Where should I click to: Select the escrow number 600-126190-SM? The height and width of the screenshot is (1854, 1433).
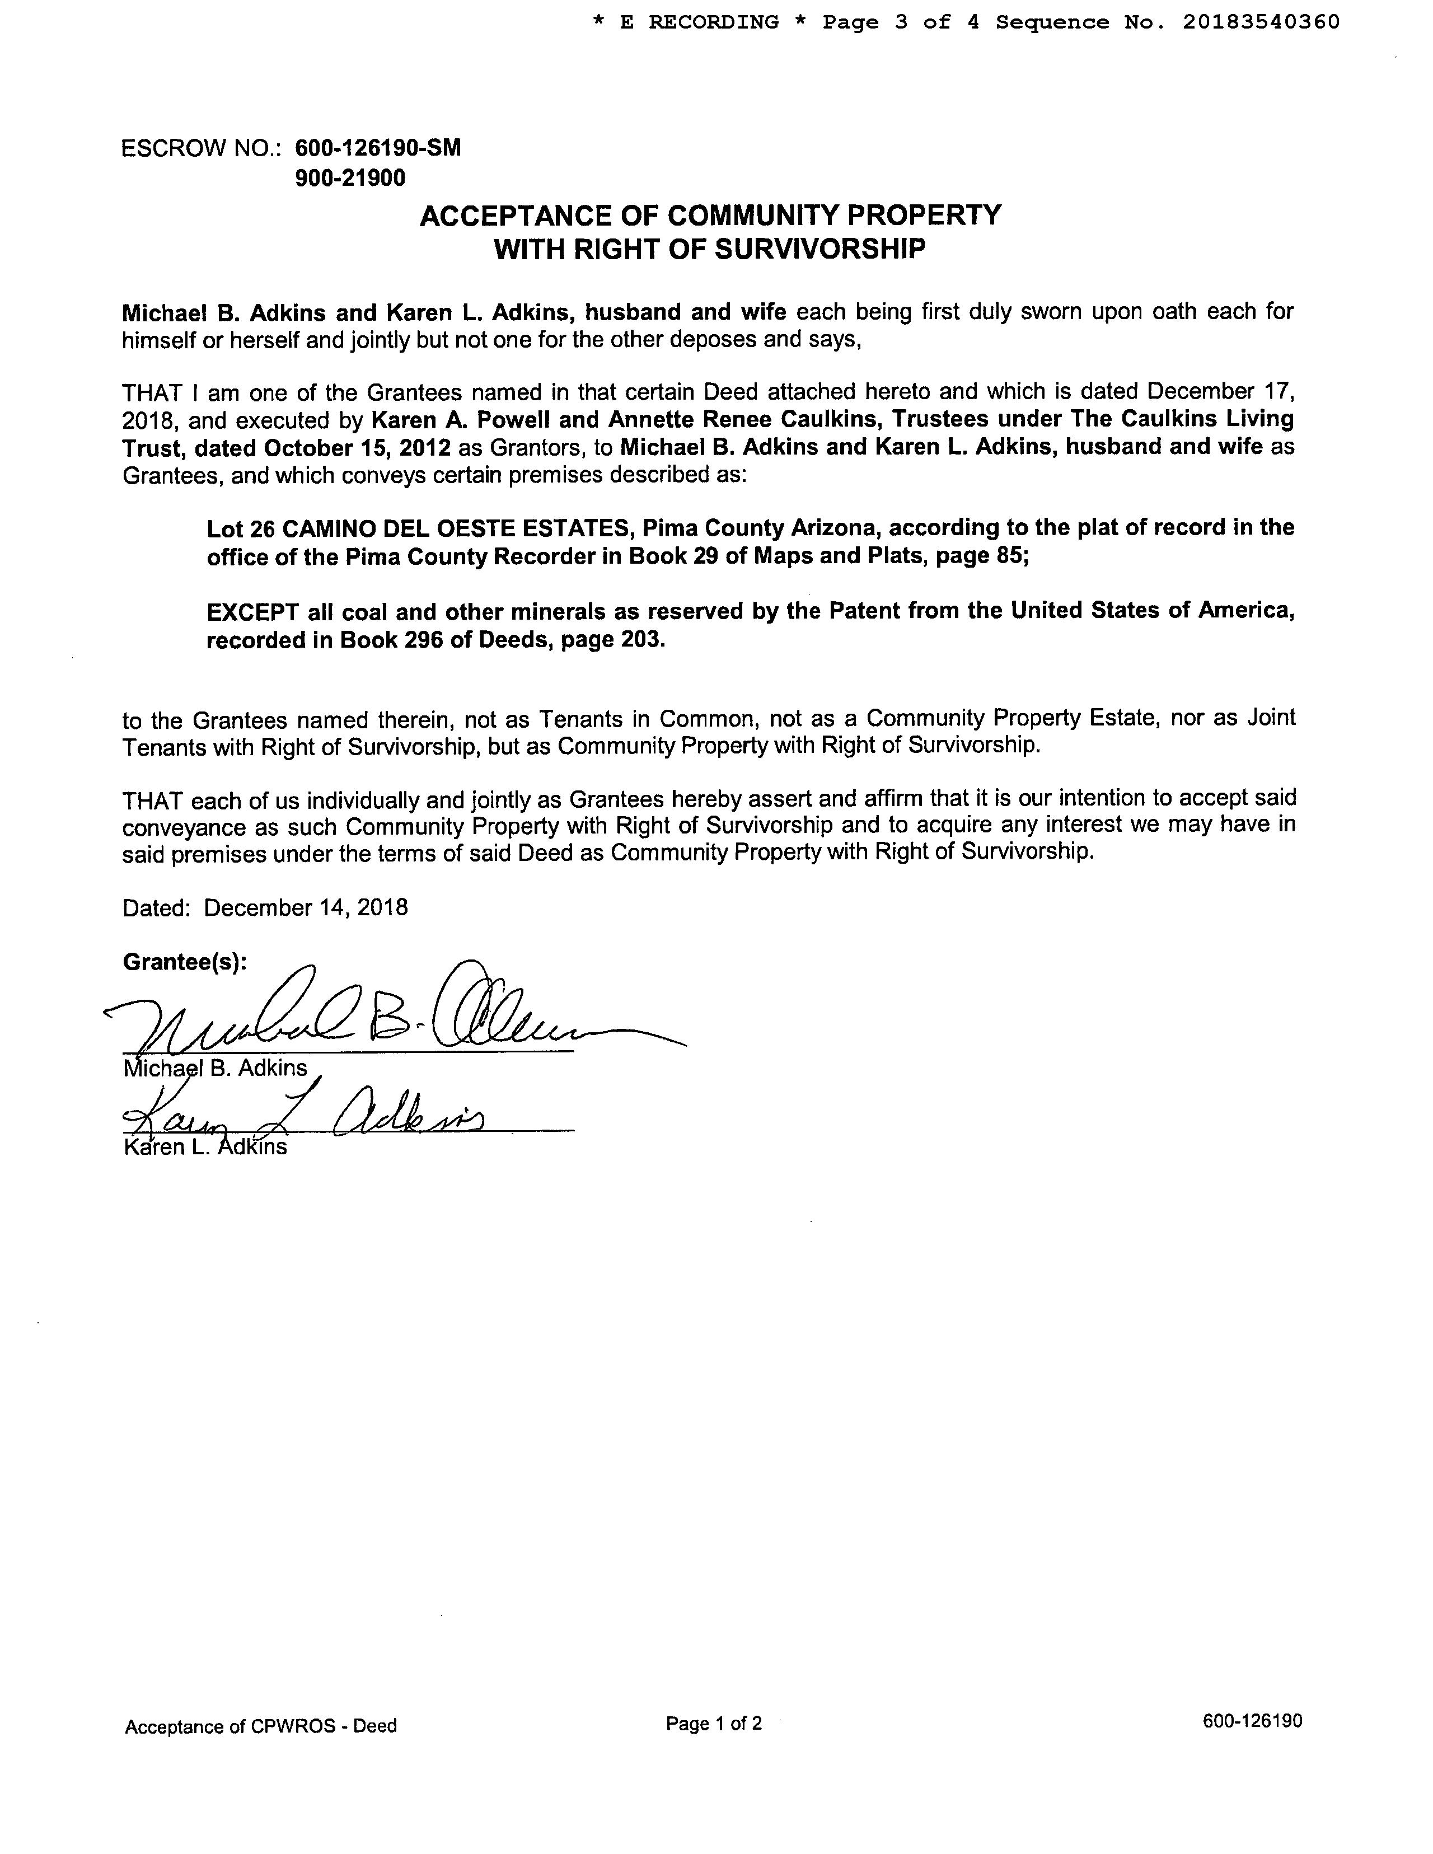coord(378,148)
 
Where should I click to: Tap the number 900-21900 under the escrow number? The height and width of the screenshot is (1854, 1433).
coord(350,178)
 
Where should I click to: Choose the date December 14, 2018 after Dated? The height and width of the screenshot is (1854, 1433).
coord(306,907)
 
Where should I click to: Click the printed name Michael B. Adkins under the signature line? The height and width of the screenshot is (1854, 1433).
coord(215,1068)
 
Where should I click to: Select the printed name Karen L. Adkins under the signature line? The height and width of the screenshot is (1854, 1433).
coord(205,1148)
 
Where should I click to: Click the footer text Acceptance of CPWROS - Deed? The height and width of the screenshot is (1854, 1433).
coord(261,1726)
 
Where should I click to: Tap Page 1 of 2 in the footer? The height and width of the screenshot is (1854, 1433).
coord(714,1723)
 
